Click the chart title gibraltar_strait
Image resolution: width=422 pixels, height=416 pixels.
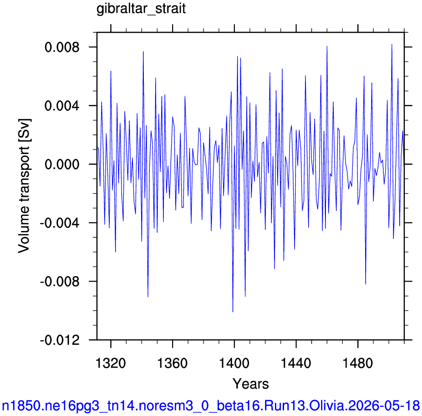tap(141, 9)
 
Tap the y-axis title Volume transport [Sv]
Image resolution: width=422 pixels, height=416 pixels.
tap(24, 186)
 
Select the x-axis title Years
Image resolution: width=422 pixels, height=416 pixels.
tap(250, 383)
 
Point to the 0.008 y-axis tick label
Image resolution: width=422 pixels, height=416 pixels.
tap(62, 47)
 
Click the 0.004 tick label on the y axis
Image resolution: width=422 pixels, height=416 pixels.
tap(62, 106)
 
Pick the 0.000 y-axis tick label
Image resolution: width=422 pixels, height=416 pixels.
tap(62, 164)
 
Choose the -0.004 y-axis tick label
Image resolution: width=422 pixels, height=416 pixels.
tap(60, 223)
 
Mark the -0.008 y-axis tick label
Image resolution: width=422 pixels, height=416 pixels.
tap(60, 281)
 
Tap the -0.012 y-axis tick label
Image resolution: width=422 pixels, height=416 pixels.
tap(60, 340)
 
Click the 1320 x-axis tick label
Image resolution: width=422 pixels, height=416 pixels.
tap(111, 363)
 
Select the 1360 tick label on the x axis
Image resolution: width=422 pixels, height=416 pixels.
tap(172, 363)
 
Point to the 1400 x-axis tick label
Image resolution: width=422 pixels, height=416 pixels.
tap(234, 363)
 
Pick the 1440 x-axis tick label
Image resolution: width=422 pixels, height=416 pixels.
tap(296, 363)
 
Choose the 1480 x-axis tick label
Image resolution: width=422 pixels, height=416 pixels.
tap(358, 363)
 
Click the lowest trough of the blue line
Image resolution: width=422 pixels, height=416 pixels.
tap(233, 312)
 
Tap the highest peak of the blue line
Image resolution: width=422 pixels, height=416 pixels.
tap(392, 44)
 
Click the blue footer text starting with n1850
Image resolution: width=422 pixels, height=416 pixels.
tap(211, 406)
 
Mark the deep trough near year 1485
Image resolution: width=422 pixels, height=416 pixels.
tap(366, 284)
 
